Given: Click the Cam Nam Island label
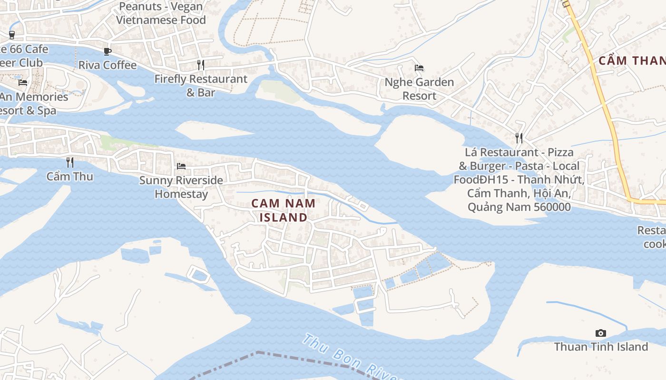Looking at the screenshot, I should click(283, 210).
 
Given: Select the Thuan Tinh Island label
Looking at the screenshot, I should click(601, 347).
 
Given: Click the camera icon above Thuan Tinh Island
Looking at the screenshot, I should click(601, 333).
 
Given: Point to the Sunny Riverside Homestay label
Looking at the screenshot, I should click(181, 187).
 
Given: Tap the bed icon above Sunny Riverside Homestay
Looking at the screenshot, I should click(181, 166).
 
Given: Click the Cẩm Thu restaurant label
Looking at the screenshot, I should click(70, 177).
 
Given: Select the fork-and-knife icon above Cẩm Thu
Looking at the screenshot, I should click(70, 162).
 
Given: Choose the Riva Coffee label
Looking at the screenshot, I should click(108, 65).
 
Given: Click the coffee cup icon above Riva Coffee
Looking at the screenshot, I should click(108, 51).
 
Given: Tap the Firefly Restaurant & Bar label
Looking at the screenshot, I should click(201, 85).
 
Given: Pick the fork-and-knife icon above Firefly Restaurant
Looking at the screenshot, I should click(201, 65).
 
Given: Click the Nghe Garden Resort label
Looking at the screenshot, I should click(419, 89).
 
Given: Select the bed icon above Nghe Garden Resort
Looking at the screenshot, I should click(419, 68).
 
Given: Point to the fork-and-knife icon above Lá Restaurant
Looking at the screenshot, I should click(519, 138).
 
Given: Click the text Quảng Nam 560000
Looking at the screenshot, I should click(519, 207).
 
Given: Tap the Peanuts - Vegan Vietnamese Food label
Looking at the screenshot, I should click(161, 13).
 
